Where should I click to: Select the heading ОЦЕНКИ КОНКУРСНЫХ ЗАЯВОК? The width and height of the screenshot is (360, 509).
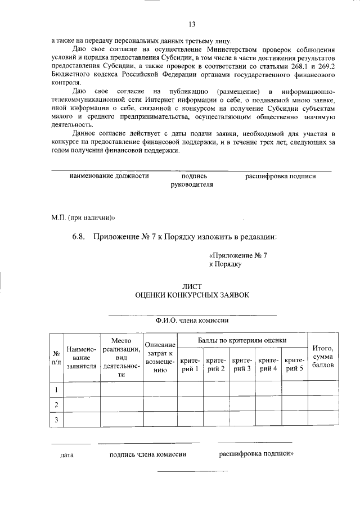point(191,295)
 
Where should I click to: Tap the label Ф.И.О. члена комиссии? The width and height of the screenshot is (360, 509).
point(192,321)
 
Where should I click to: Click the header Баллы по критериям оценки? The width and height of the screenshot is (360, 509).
point(242,340)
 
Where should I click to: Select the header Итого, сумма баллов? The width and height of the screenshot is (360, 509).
point(323,357)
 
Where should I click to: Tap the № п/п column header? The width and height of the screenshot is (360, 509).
point(56,357)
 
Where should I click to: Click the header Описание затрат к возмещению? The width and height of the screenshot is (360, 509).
point(160,357)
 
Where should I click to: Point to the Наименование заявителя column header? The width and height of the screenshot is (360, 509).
point(82,357)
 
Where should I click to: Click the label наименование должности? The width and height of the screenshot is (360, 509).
point(109,176)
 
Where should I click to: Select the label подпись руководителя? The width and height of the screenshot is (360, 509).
point(191,180)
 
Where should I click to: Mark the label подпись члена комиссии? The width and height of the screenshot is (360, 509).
point(148,454)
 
